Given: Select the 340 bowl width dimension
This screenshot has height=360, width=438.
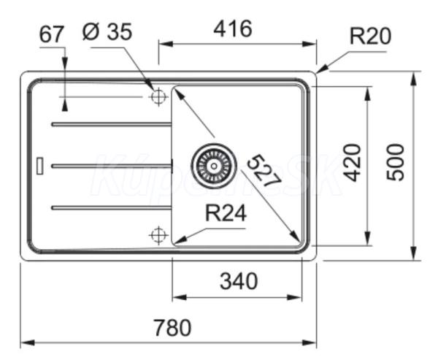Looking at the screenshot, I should pos(237,280).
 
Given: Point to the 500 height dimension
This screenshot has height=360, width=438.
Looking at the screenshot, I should pos(395,163).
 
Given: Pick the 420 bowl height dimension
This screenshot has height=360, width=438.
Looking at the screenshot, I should pos(352,164).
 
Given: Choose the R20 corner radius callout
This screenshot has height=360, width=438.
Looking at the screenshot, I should pos(370,36).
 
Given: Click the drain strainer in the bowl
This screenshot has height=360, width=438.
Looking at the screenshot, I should pos(214,165).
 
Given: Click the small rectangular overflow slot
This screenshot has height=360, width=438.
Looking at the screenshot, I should pos(40,165).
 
